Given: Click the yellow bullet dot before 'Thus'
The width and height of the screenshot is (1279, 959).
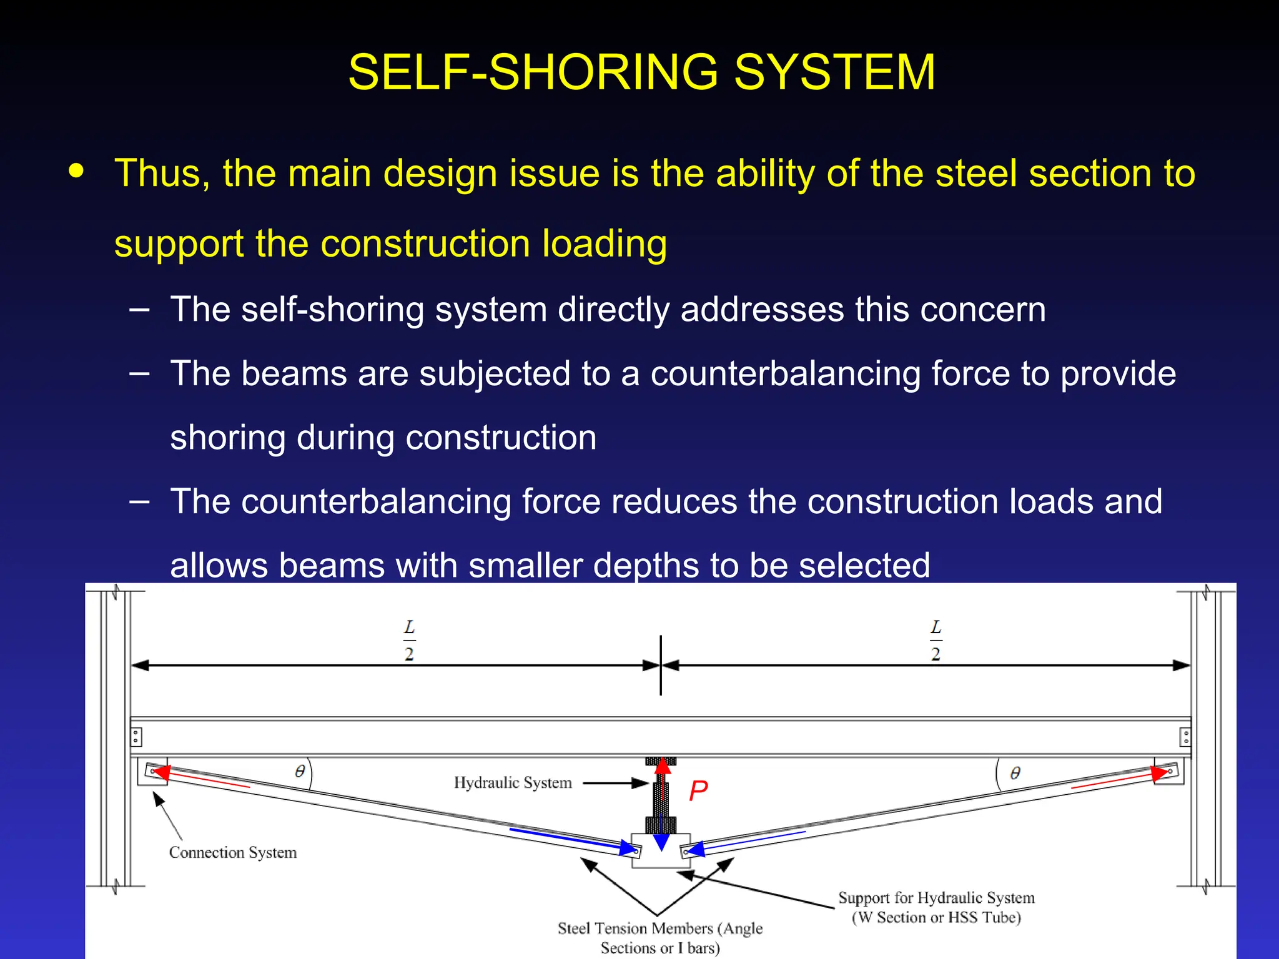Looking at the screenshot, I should (x=76, y=170).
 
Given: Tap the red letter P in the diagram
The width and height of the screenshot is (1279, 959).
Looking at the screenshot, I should (x=698, y=791).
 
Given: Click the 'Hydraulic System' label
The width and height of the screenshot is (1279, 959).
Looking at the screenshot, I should (x=512, y=783).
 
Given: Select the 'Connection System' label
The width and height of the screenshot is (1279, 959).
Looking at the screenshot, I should (x=232, y=853).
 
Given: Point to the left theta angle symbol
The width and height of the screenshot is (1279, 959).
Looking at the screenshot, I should (x=300, y=772).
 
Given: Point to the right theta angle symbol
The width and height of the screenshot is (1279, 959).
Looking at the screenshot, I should (x=1015, y=774).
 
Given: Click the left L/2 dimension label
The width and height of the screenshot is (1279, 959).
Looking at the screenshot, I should (x=409, y=640).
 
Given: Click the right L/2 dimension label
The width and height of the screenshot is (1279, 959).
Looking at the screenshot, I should (x=936, y=640).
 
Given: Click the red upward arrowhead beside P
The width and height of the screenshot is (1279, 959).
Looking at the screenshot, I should (x=663, y=766).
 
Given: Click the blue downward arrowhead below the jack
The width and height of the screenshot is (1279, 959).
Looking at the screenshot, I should (x=661, y=843).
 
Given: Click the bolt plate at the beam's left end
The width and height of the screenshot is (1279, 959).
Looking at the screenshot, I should (x=136, y=737).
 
